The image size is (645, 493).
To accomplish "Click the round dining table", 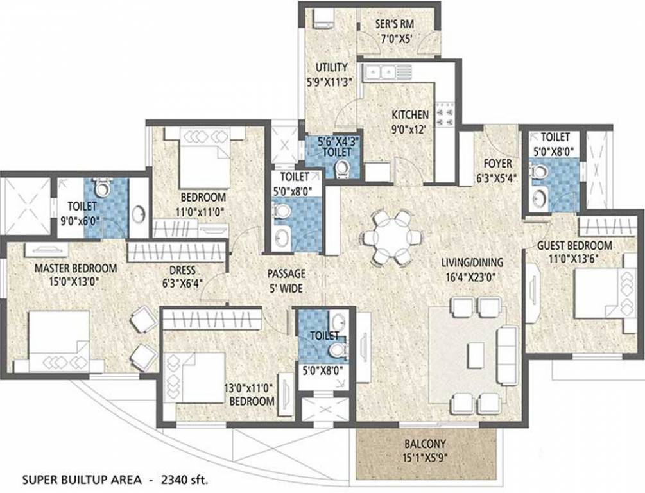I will [390, 237].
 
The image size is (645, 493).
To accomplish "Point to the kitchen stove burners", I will [443, 115].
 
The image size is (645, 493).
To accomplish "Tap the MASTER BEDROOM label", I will [76, 268].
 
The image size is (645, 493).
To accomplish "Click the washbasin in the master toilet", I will [139, 214].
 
